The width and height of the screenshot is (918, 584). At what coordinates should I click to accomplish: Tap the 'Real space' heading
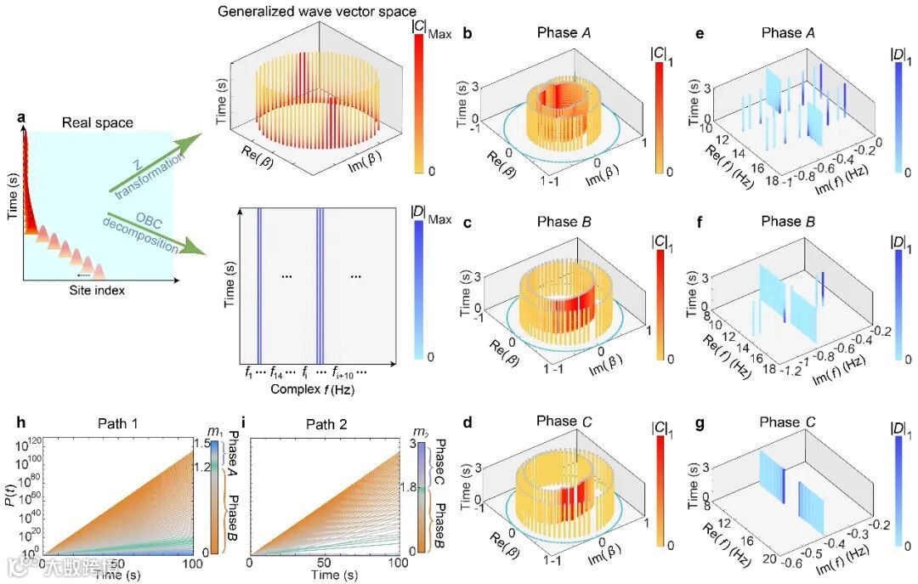98,122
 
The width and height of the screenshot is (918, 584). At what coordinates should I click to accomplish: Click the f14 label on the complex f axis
276,372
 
